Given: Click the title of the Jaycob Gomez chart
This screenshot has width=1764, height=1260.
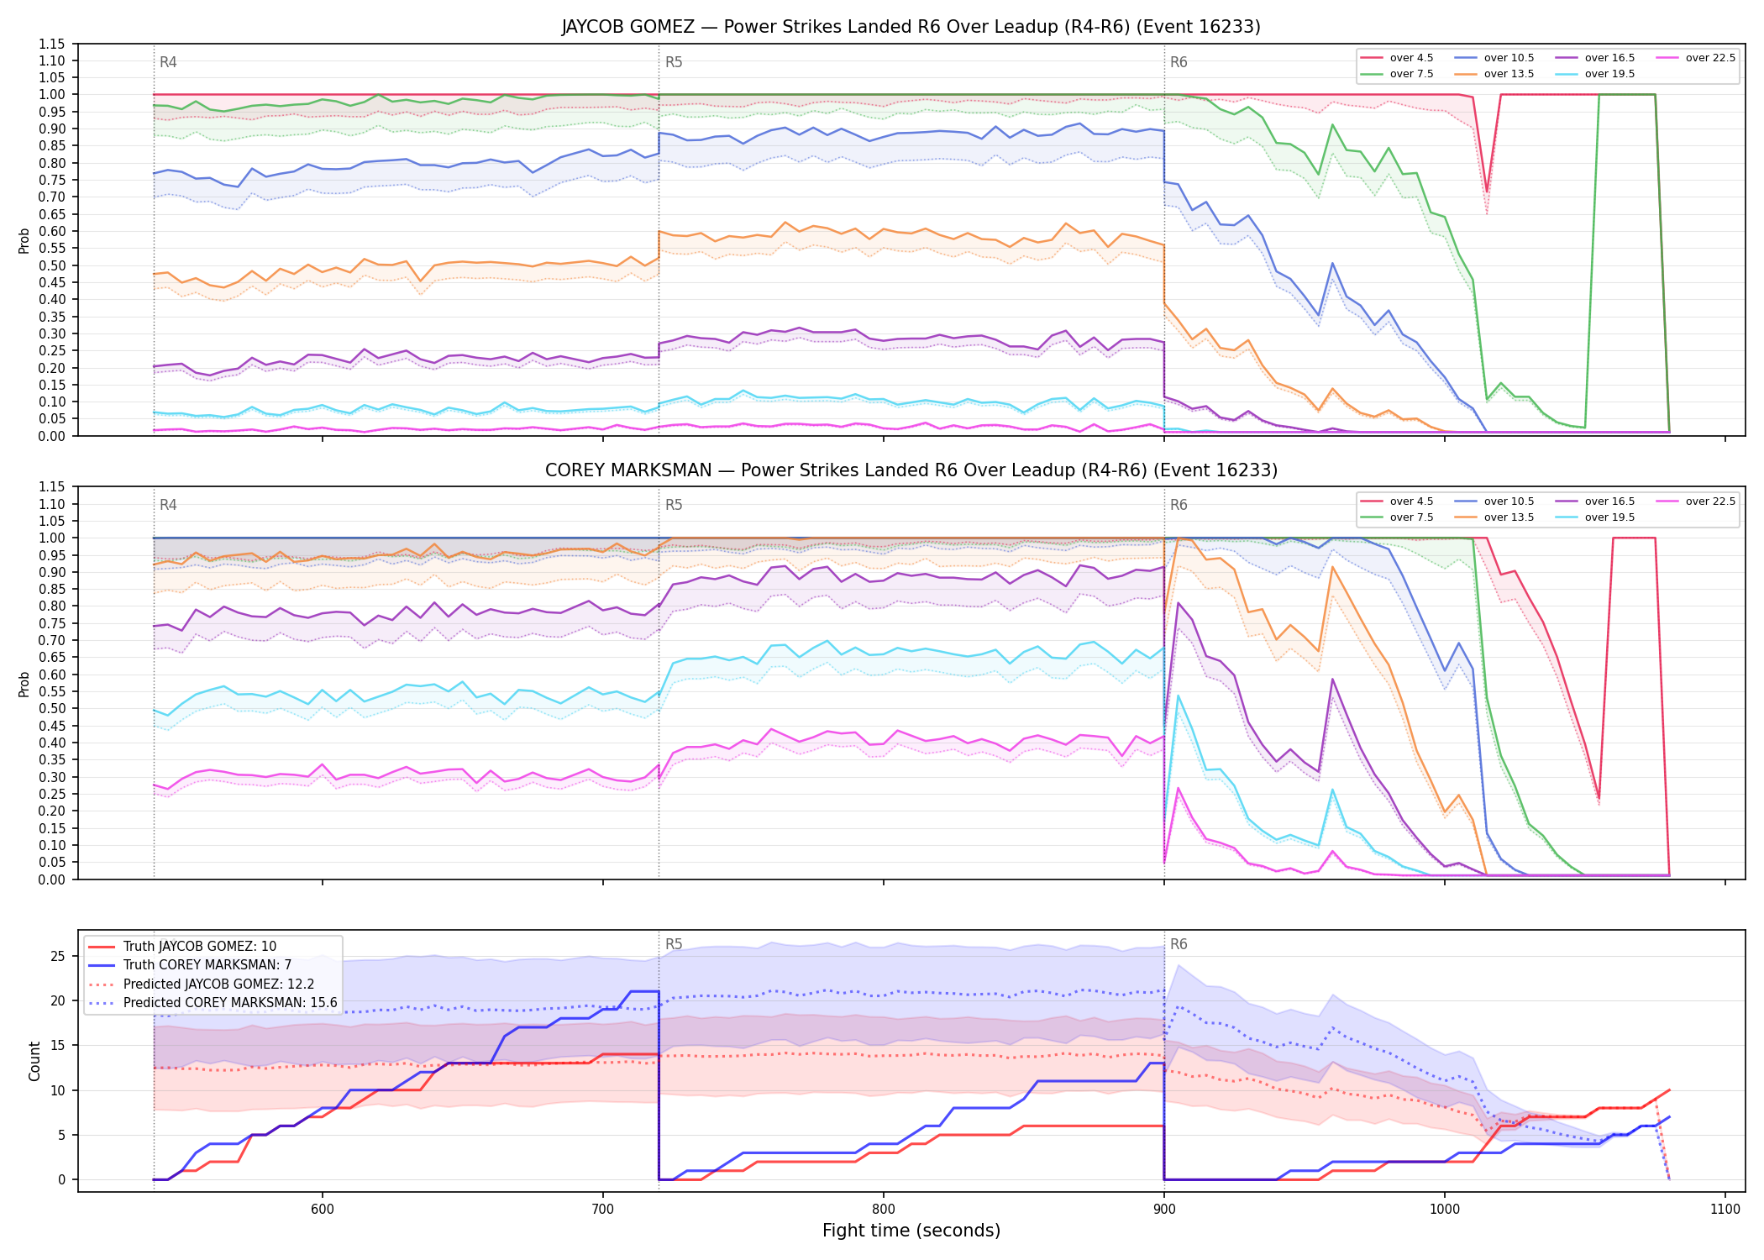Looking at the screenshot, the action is coord(911,27).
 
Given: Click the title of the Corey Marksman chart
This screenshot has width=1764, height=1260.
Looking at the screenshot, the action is coord(911,470).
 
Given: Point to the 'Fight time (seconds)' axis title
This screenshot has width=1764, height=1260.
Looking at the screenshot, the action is coord(911,1231).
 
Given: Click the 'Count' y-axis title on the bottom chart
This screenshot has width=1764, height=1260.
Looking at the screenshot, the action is coord(34,1061).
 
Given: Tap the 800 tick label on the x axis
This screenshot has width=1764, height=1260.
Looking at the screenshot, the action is coord(884,1210).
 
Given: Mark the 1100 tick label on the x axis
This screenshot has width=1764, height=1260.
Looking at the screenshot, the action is coord(1725,1210).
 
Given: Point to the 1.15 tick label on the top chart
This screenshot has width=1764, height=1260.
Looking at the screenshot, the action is coord(51,44).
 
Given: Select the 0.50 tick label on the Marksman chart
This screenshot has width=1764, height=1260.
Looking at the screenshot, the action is coord(51,708).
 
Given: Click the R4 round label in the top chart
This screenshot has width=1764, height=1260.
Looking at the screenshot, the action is coord(168,62).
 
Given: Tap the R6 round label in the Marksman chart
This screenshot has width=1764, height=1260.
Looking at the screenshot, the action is coord(1179,505).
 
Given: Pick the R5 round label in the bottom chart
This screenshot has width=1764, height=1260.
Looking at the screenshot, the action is coord(674,944).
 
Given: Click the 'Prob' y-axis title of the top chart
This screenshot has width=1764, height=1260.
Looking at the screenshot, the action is coord(24,240).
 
